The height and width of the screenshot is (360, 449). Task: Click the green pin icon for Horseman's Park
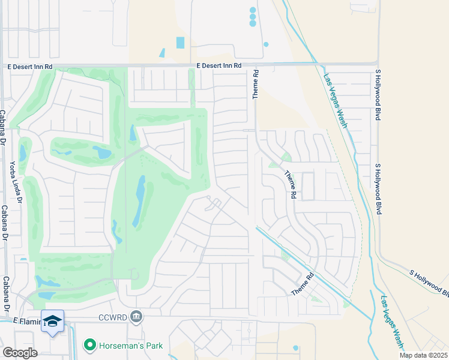click(x=90, y=344)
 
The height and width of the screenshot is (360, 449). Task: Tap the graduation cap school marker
click(x=52, y=320)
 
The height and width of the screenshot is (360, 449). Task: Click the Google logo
click(x=20, y=353)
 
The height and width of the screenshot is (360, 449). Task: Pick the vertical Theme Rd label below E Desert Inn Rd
click(x=255, y=83)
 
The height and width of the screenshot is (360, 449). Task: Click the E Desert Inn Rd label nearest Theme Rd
click(x=218, y=65)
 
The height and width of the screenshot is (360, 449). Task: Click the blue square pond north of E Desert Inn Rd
click(x=181, y=43)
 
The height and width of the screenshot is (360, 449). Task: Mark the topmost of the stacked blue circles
click(x=253, y=10)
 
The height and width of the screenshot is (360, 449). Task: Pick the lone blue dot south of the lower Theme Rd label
click(x=295, y=347)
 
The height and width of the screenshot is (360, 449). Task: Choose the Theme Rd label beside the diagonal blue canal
click(x=303, y=284)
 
